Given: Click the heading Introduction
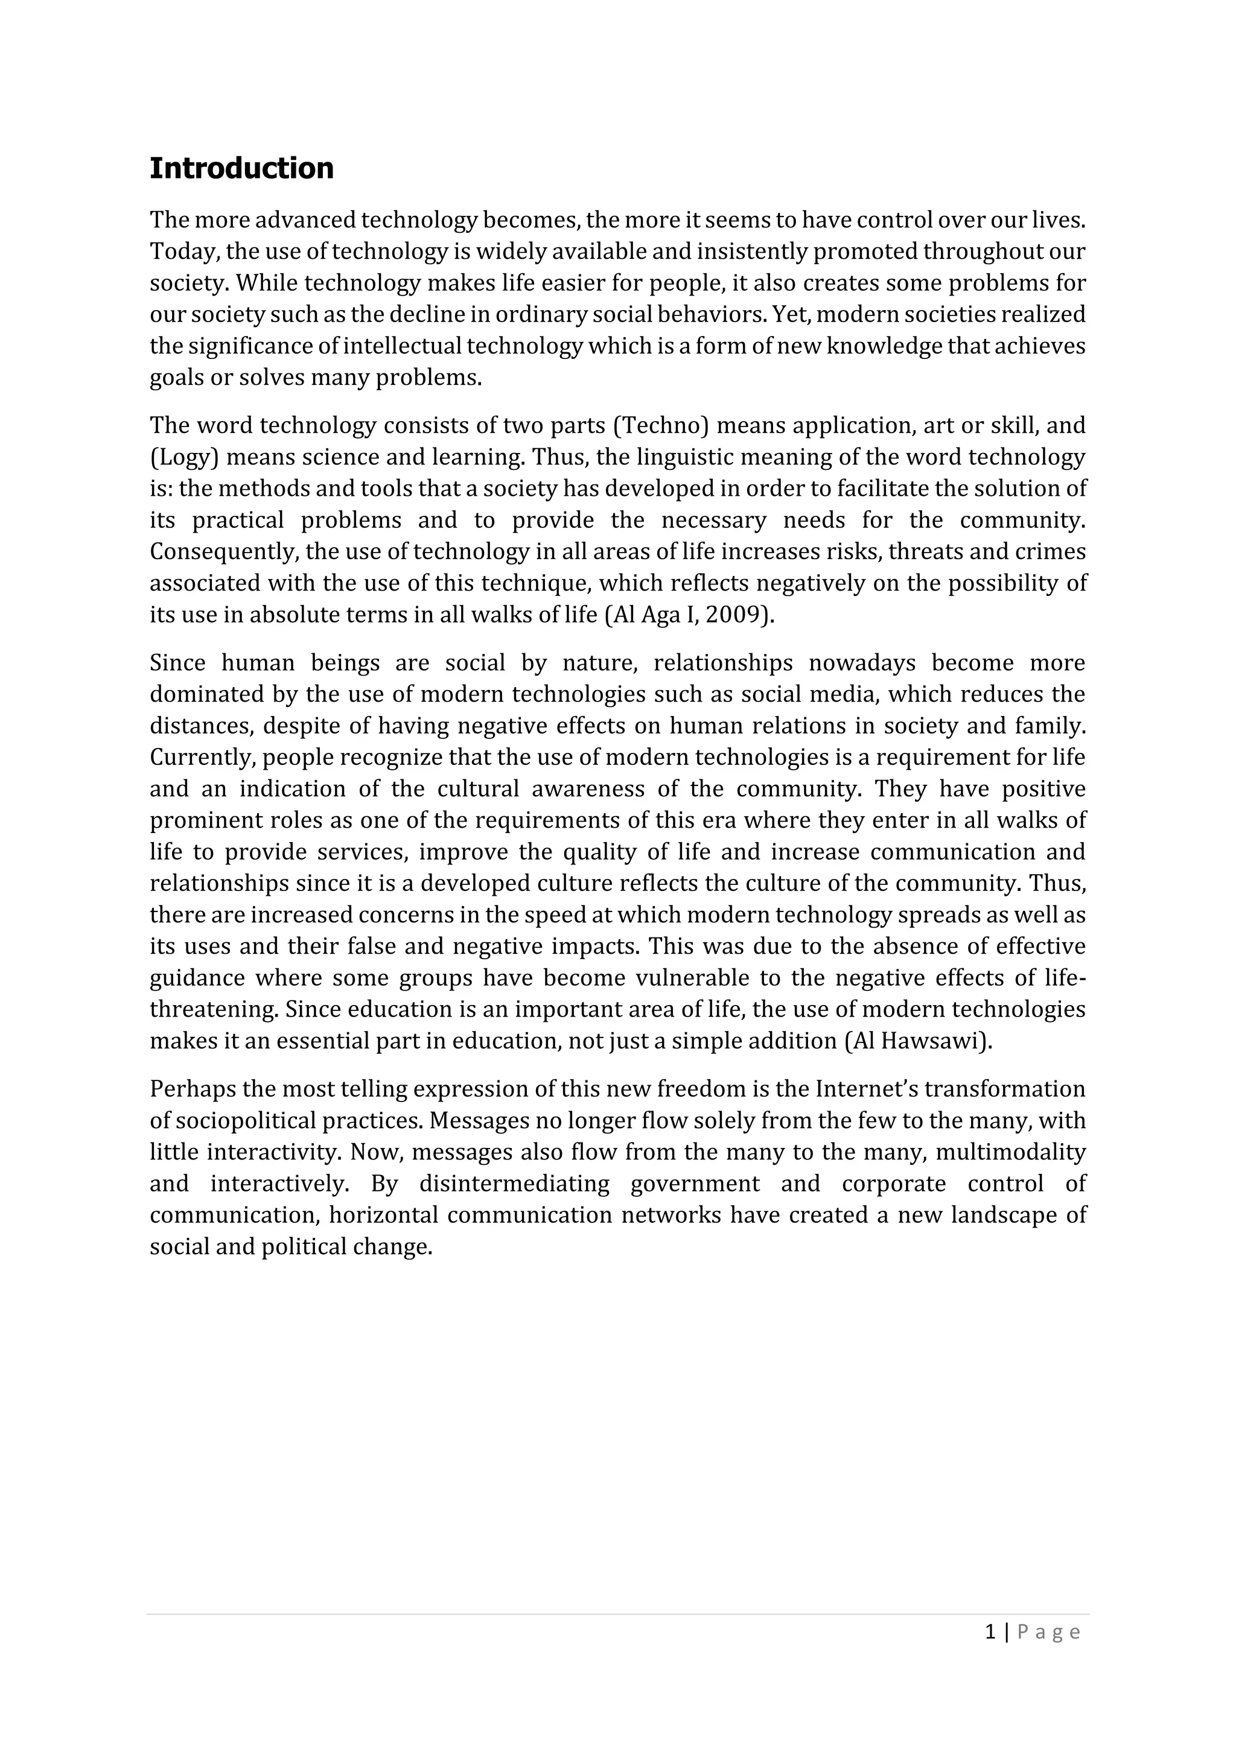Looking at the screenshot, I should (x=241, y=168).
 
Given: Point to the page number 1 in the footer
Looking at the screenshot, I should (x=990, y=1631).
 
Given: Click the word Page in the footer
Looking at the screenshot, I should (x=1048, y=1631).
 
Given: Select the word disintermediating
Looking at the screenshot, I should (x=514, y=1183).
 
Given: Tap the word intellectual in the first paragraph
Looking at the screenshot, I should (x=403, y=346).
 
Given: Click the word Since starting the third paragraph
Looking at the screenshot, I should (x=177, y=663).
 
